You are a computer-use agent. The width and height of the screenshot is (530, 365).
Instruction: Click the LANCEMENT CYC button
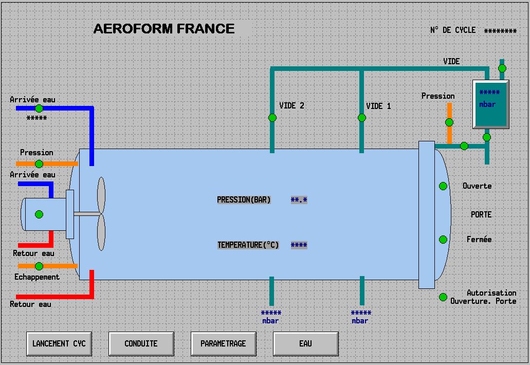pyautogui.click(x=59, y=343)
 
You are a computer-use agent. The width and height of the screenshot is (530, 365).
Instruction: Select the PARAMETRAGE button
pyautogui.click(x=223, y=343)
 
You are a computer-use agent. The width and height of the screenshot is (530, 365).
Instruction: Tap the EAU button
pyautogui.click(x=305, y=343)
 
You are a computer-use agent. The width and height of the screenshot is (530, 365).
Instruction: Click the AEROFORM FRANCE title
pyautogui.click(x=164, y=29)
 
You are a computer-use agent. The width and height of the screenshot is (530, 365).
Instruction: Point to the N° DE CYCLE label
pyautogui.click(x=452, y=30)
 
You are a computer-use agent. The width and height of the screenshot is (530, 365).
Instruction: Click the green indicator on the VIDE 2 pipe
pyautogui.click(x=272, y=118)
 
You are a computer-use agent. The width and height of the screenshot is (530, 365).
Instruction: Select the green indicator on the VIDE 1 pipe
pyautogui.click(x=362, y=118)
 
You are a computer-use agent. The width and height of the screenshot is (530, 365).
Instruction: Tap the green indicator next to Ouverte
pyautogui.click(x=443, y=186)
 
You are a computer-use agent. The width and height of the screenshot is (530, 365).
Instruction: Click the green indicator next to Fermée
pyautogui.click(x=443, y=240)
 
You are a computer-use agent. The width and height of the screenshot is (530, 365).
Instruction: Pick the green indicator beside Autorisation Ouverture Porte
pyautogui.click(x=443, y=297)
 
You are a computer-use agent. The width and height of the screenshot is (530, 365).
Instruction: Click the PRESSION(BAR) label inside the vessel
pyautogui.click(x=244, y=200)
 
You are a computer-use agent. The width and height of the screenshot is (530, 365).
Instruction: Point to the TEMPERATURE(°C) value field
pyautogui.click(x=299, y=245)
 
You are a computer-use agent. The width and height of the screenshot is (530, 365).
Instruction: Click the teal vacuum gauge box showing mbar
pyautogui.click(x=490, y=104)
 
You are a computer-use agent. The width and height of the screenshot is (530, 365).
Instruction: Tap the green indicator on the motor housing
pyautogui.click(x=39, y=214)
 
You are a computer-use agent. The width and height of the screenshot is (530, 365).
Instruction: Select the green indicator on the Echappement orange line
pyautogui.click(x=39, y=266)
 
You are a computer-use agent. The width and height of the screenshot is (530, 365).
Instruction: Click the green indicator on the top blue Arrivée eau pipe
pyautogui.click(x=39, y=108)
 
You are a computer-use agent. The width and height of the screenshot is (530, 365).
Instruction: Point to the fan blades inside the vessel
pyautogui.click(x=101, y=214)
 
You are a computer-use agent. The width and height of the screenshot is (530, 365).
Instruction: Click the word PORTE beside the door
pyautogui.click(x=481, y=214)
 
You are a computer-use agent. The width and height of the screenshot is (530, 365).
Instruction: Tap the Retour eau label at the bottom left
pyautogui.click(x=30, y=304)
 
